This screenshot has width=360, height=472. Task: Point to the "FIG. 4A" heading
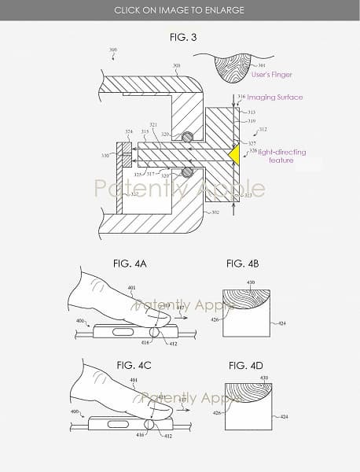coord(125,264)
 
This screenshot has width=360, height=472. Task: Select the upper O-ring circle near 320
coord(187,136)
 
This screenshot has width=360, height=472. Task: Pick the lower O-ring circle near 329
coord(187,171)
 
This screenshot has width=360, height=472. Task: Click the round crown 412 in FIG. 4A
coord(159,331)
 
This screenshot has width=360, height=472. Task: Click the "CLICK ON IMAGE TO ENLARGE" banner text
coord(179,10)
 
